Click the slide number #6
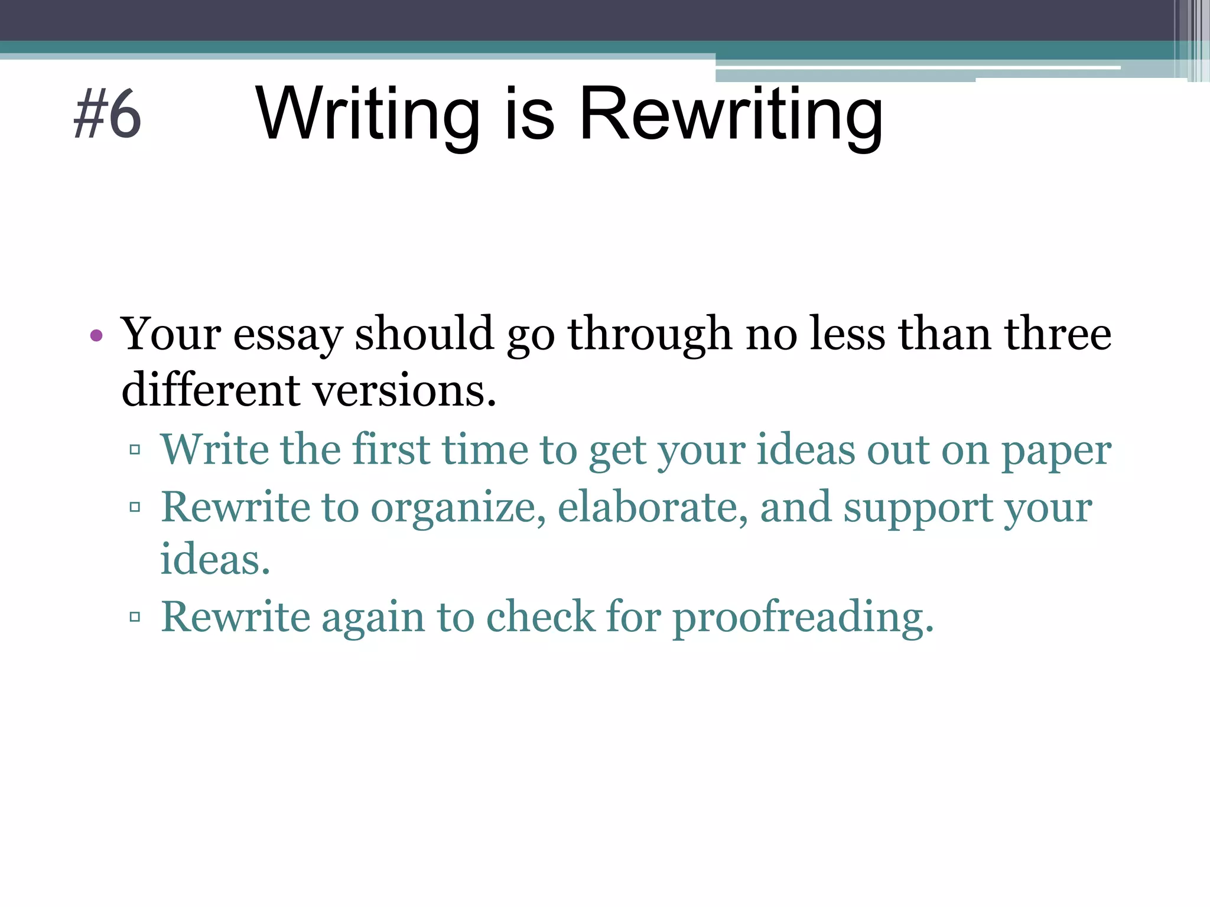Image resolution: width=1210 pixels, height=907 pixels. pos(107,115)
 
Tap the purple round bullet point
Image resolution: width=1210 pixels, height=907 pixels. pos(96,337)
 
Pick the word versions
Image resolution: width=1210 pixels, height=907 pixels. pos(404,390)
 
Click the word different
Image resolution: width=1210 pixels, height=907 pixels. pos(211,390)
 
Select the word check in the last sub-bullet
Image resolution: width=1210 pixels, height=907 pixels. pos(541,617)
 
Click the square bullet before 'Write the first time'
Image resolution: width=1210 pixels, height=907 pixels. pos(135,450)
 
